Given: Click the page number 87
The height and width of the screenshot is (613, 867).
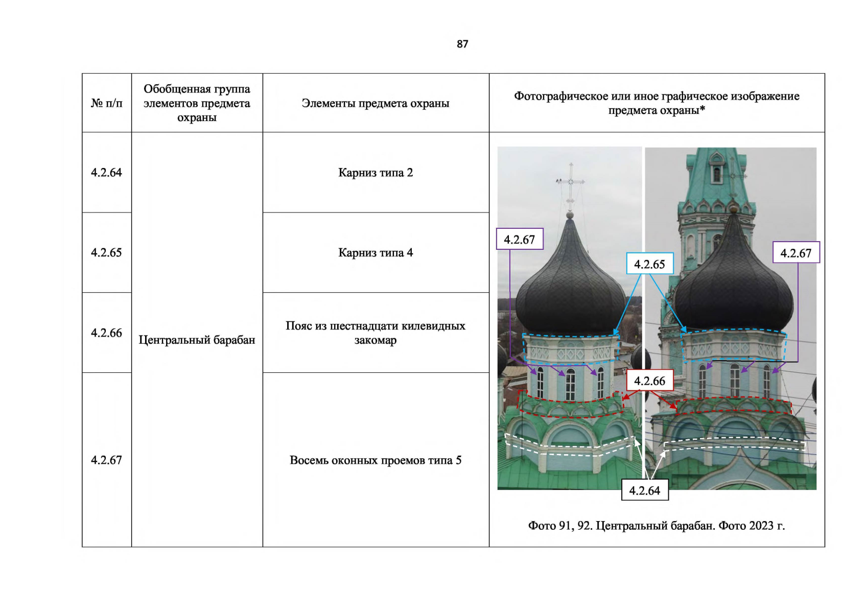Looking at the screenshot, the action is (462, 44).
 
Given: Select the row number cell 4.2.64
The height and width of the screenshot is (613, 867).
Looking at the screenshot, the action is (106, 173).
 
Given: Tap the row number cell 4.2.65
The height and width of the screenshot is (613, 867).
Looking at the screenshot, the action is (106, 253).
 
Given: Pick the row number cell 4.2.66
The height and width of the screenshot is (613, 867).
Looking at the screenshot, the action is (106, 333).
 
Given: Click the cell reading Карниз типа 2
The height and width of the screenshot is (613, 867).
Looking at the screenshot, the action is (376, 173).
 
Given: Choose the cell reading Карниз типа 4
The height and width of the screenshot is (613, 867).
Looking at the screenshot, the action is (376, 253).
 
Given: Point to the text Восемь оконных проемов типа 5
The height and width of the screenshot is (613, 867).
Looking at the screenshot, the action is (376, 460).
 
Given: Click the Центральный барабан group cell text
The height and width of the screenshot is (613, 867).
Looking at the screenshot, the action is (197, 340).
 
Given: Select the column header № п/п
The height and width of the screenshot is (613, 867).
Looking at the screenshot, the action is (106, 103).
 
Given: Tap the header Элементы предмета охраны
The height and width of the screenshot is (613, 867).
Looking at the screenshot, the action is (376, 103).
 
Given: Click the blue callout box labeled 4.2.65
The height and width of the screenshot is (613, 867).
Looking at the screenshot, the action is (649, 264).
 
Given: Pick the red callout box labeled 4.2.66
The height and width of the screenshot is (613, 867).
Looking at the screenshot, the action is (649, 381).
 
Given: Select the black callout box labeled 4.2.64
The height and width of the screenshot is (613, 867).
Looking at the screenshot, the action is (645, 490).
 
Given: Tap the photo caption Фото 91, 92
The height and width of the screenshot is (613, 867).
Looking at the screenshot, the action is (560, 526).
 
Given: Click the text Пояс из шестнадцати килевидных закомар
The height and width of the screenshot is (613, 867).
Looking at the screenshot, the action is (376, 333).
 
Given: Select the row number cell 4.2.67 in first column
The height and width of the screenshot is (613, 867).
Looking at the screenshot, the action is (106, 460).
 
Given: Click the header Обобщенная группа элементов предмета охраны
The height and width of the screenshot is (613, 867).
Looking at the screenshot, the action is (197, 103).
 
